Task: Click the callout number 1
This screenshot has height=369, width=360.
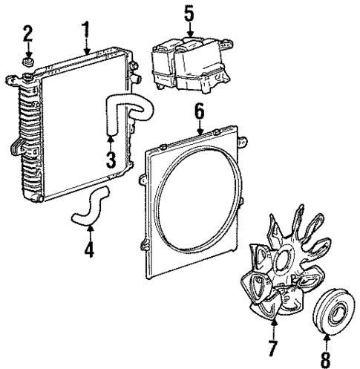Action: pos(86,31)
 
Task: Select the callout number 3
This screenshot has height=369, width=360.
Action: pos(111,158)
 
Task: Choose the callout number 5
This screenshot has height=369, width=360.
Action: pos(189,13)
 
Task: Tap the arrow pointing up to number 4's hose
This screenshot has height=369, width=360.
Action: pos(90,232)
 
